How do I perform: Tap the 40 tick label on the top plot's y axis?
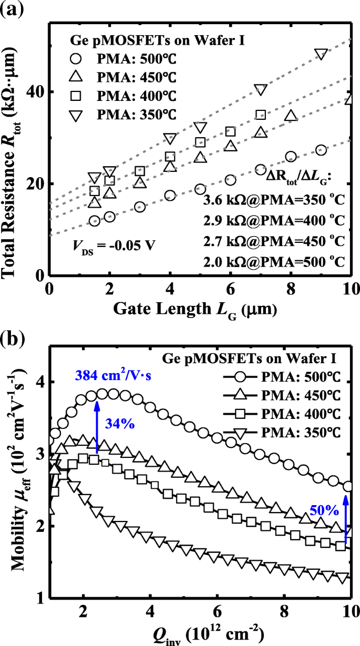34,92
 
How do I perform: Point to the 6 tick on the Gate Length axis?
230,289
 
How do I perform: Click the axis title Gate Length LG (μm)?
199,310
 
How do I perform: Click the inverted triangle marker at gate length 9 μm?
321,54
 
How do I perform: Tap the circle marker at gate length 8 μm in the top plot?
291,157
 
